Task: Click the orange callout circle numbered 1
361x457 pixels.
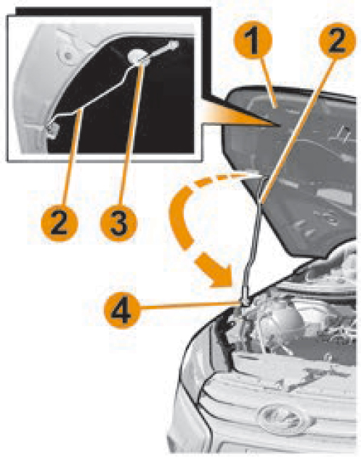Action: pos(253,40)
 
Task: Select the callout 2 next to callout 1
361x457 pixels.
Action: pos(337,40)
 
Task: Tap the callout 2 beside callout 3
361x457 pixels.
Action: pos(59,223)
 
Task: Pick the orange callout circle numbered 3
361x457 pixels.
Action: pos(118,223)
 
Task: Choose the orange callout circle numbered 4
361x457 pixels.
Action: pos(122,311)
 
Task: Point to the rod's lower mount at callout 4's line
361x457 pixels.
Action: pos(244,302)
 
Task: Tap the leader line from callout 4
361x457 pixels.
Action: pos(190,305)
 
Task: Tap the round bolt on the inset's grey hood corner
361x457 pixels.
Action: pos(67,55)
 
